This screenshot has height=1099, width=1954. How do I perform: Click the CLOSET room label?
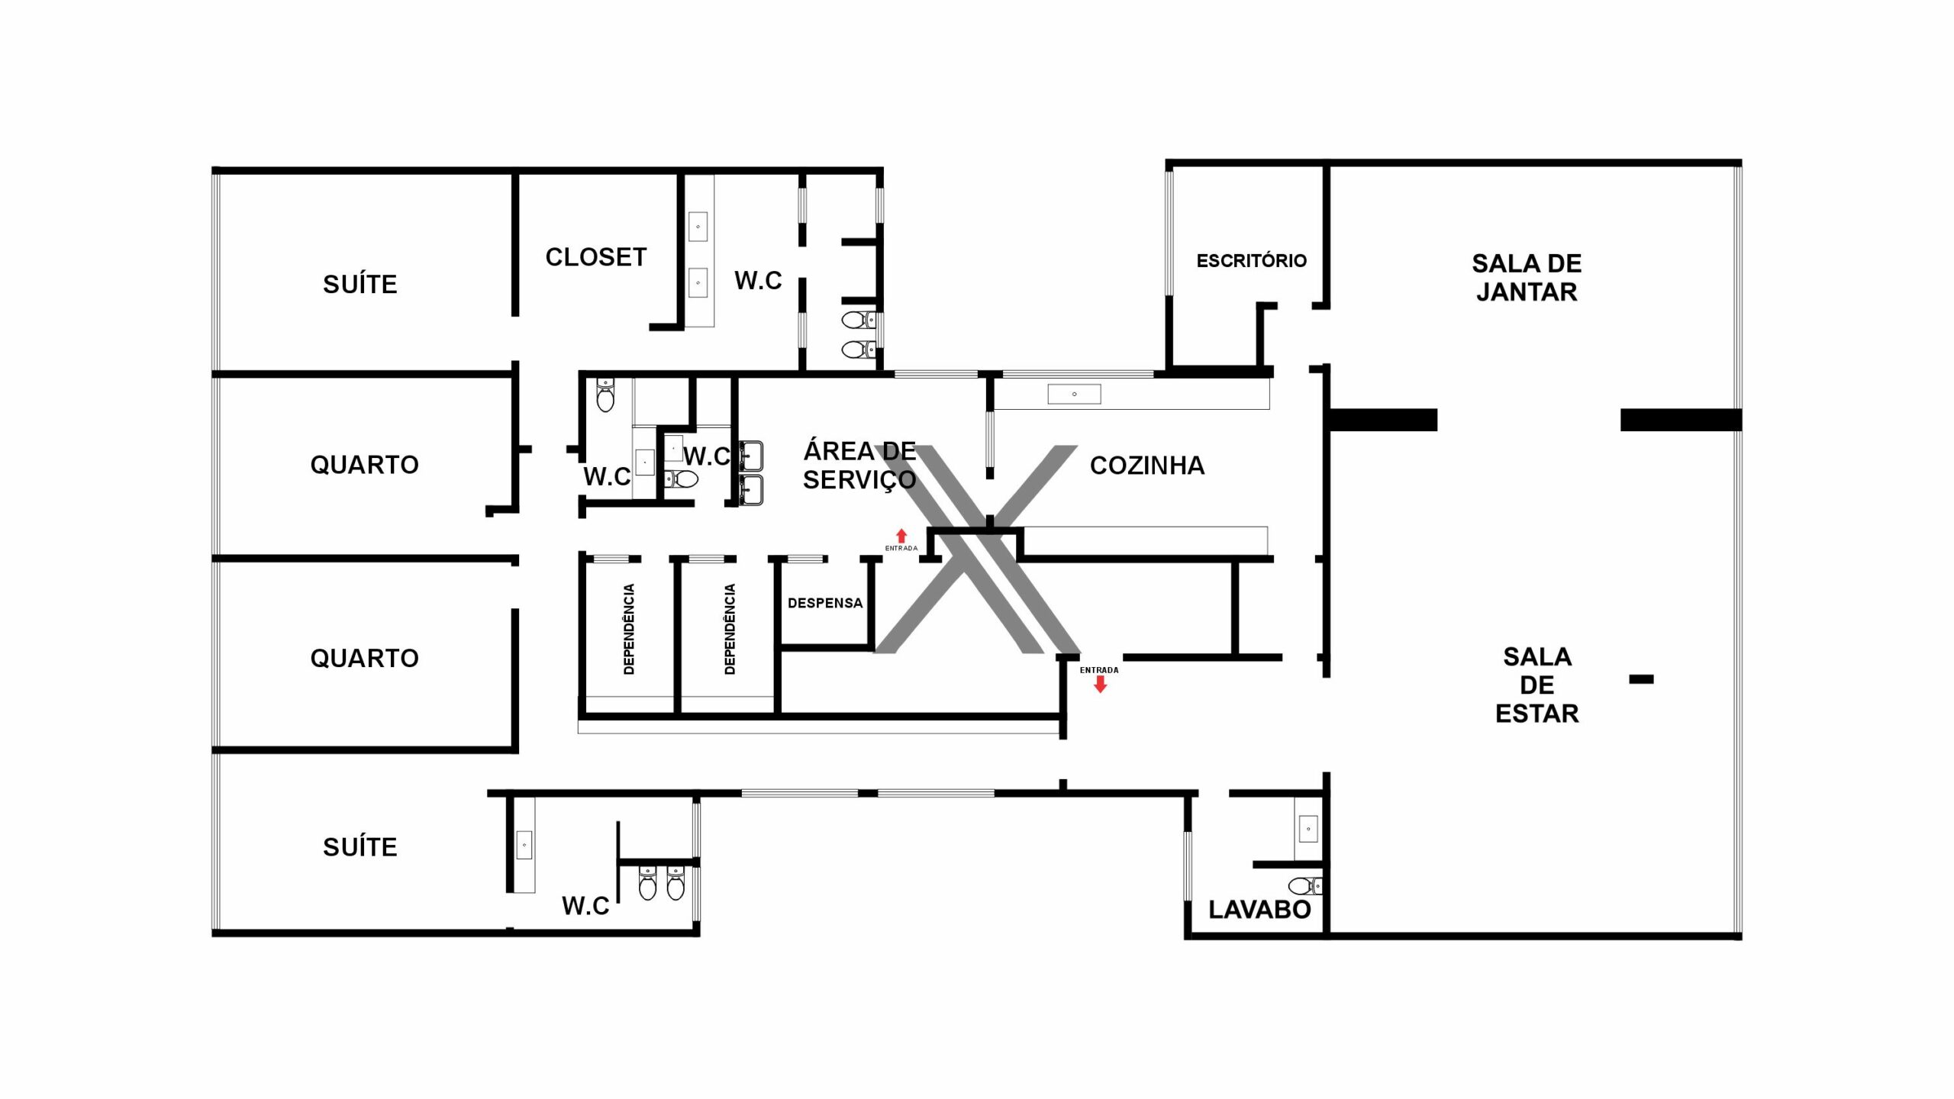596,257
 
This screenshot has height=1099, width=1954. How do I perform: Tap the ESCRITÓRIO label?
1252,260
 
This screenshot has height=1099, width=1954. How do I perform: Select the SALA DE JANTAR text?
1527,278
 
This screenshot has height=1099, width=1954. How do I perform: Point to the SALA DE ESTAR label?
1537,685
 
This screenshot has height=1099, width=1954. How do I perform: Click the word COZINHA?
1147,466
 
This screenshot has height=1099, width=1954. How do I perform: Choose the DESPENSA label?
825,603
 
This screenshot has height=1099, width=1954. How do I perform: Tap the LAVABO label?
1260,910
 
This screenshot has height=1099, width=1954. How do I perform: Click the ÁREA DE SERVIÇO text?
859,466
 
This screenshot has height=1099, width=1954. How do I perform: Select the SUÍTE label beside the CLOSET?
360,284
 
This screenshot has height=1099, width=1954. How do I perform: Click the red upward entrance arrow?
901,536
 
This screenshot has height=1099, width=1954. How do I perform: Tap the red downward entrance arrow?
1100,684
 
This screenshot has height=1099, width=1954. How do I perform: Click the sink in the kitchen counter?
1074,394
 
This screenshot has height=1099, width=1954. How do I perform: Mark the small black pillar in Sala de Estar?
1641,679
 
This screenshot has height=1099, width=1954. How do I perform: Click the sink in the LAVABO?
1308,829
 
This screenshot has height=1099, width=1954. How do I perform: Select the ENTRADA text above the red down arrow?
1099,670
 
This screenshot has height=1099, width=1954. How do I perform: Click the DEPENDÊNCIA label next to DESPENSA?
730,629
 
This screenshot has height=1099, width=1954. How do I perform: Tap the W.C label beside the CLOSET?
758,280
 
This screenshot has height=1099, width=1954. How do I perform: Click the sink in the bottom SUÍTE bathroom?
524,846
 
